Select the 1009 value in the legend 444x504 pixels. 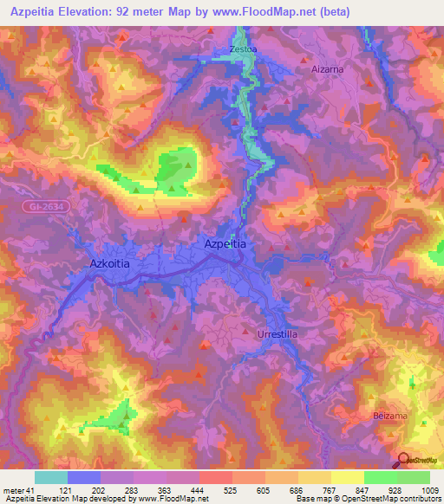point(428,490)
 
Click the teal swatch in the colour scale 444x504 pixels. point(50,477)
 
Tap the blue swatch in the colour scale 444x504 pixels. point(83,477)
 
